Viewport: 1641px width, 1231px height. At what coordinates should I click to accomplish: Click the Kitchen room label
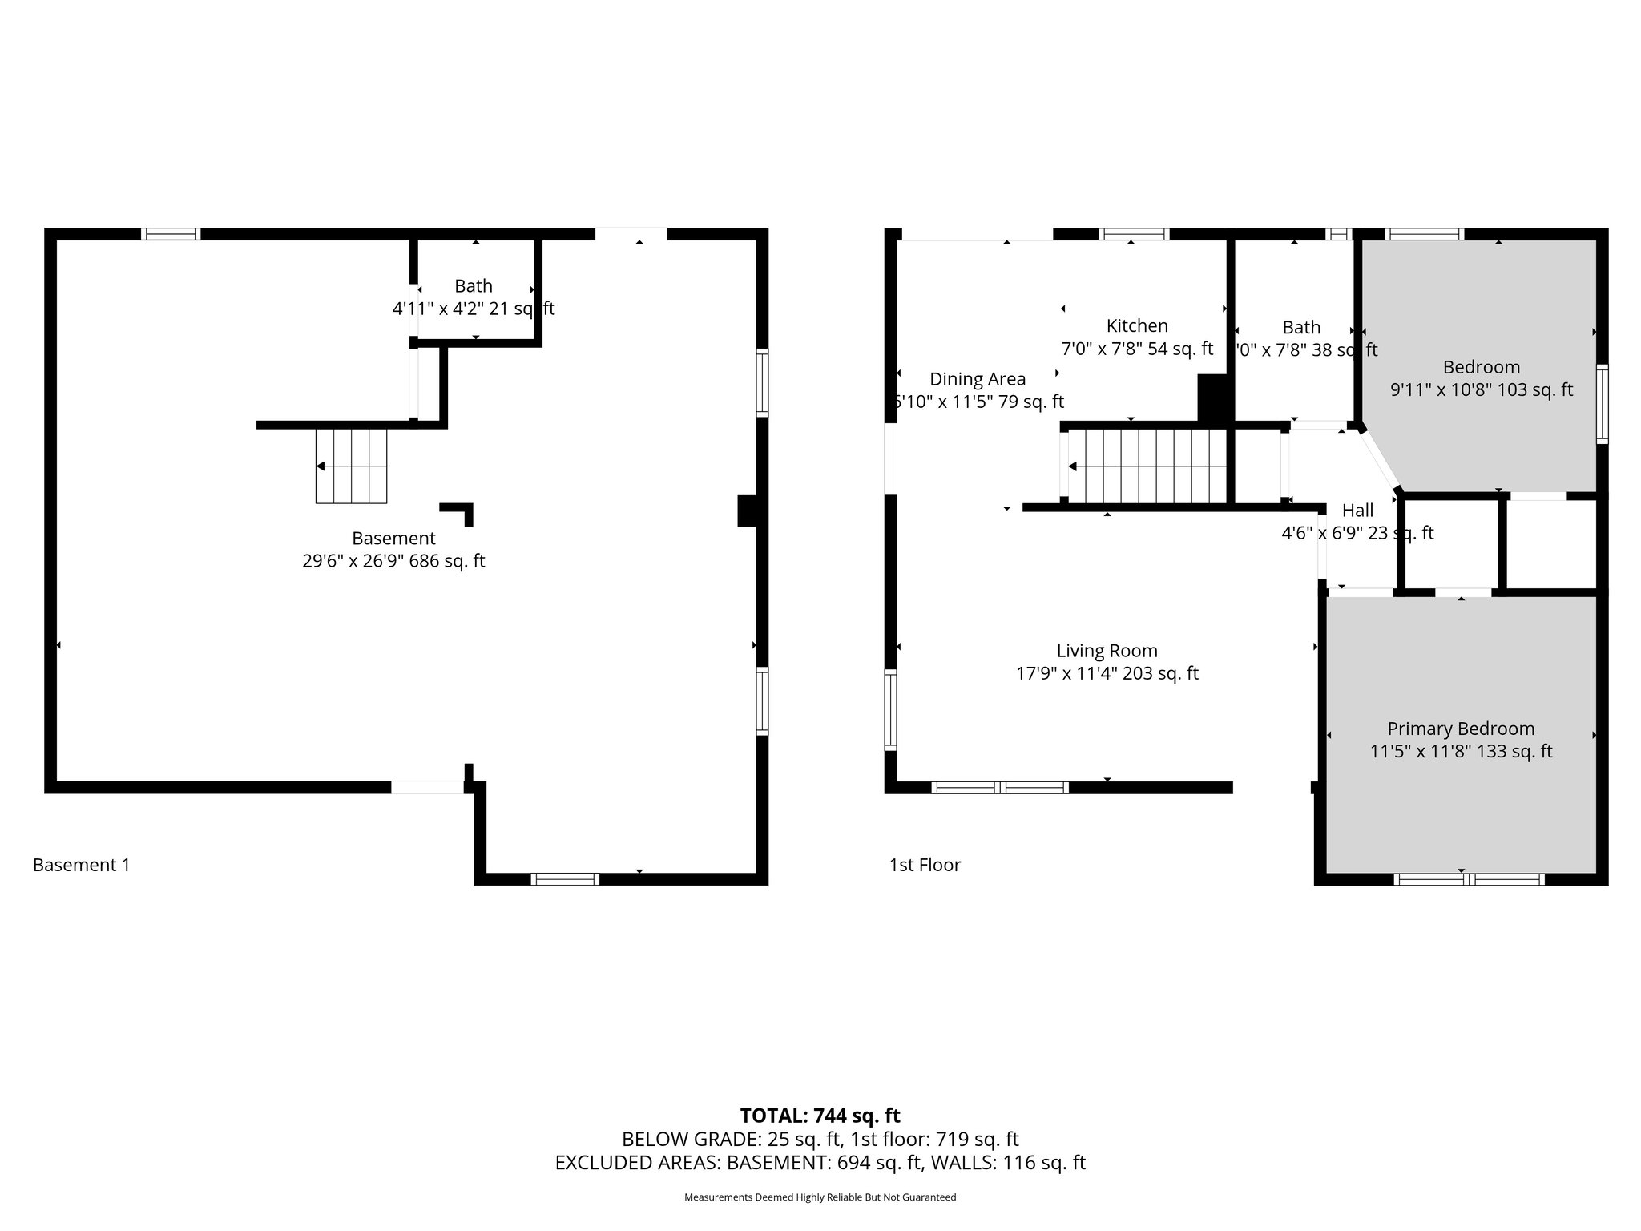(1137, 326)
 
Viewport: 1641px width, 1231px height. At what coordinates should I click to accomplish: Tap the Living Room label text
(1107, 651)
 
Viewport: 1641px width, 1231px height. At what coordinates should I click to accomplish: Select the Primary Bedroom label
(1461, 729)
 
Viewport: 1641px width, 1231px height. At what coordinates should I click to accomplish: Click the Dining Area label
(977, 379)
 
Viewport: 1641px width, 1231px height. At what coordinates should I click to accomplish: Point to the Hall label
(1357, 511)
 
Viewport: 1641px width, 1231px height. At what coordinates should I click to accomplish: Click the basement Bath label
(474, 286)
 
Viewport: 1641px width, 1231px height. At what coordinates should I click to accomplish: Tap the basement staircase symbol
(351, 466)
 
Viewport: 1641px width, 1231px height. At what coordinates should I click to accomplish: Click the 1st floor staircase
(1147, 466)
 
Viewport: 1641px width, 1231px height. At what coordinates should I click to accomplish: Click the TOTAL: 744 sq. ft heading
(820, 1116)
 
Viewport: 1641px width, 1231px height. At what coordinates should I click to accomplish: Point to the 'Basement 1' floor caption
(81, 865)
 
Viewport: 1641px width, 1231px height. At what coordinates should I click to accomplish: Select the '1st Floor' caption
(925, 865)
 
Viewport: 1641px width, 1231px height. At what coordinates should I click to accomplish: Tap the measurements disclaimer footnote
(820, 1197)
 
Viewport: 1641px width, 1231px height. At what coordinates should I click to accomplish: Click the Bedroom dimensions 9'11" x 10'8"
(1481, 390)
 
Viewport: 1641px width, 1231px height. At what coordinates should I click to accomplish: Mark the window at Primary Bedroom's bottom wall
(1469, 879)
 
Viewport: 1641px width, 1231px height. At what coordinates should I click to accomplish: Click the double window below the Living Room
(1000, 788)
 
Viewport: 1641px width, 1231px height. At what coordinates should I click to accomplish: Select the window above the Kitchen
(1133, 234)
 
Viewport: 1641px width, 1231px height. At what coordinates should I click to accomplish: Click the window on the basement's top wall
(171, 234)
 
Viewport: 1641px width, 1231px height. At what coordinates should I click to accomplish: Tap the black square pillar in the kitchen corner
(1212, 398)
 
